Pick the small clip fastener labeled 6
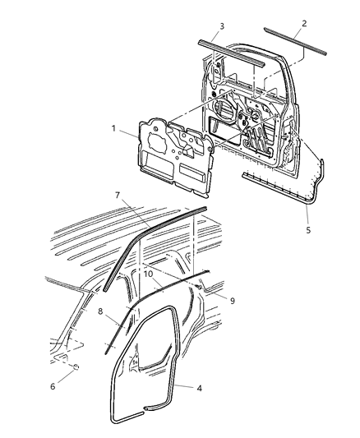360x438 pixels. coord(76,367)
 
